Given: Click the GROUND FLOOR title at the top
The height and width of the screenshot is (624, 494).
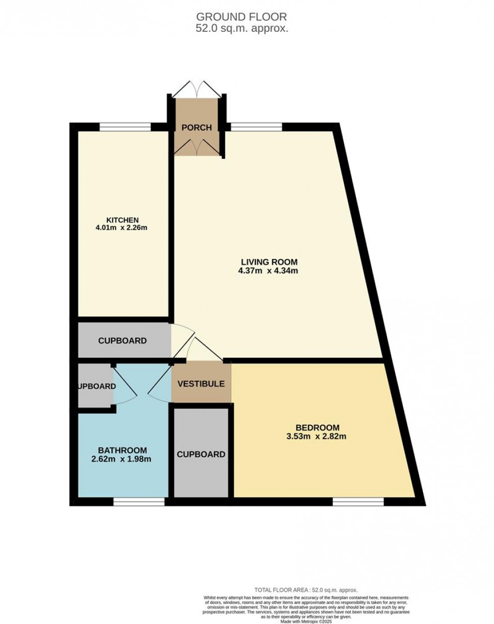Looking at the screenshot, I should point(242,18).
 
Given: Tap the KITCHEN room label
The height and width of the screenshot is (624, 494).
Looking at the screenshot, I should point(122,219).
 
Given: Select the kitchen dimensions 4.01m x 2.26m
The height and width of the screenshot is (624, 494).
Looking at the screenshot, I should point(122,228).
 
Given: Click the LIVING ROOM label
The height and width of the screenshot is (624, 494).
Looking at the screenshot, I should point(275,262).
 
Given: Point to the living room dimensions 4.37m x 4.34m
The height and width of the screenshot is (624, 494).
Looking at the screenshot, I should point(275,270).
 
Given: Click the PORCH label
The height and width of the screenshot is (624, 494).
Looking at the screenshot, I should point(197,128).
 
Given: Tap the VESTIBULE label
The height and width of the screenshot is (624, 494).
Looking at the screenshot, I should point(201,384).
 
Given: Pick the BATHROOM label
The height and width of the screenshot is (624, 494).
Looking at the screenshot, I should point(122,450).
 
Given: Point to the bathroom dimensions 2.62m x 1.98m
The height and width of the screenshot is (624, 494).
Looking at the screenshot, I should point(122,459).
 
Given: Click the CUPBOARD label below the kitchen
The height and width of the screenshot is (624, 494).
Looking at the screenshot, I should point(122,341).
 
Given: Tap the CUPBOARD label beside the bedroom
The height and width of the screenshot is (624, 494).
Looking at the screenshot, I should point(201,454).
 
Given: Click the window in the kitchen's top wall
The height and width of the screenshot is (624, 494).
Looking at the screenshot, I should point(125,127).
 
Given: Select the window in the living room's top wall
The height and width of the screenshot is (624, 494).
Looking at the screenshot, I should point(256,127).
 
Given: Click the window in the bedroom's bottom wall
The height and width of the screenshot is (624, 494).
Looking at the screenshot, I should point(358,501).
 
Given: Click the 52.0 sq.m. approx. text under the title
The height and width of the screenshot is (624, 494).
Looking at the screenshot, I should point(242,29).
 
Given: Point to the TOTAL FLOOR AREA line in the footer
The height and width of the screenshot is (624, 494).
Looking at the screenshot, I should point(306,590).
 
